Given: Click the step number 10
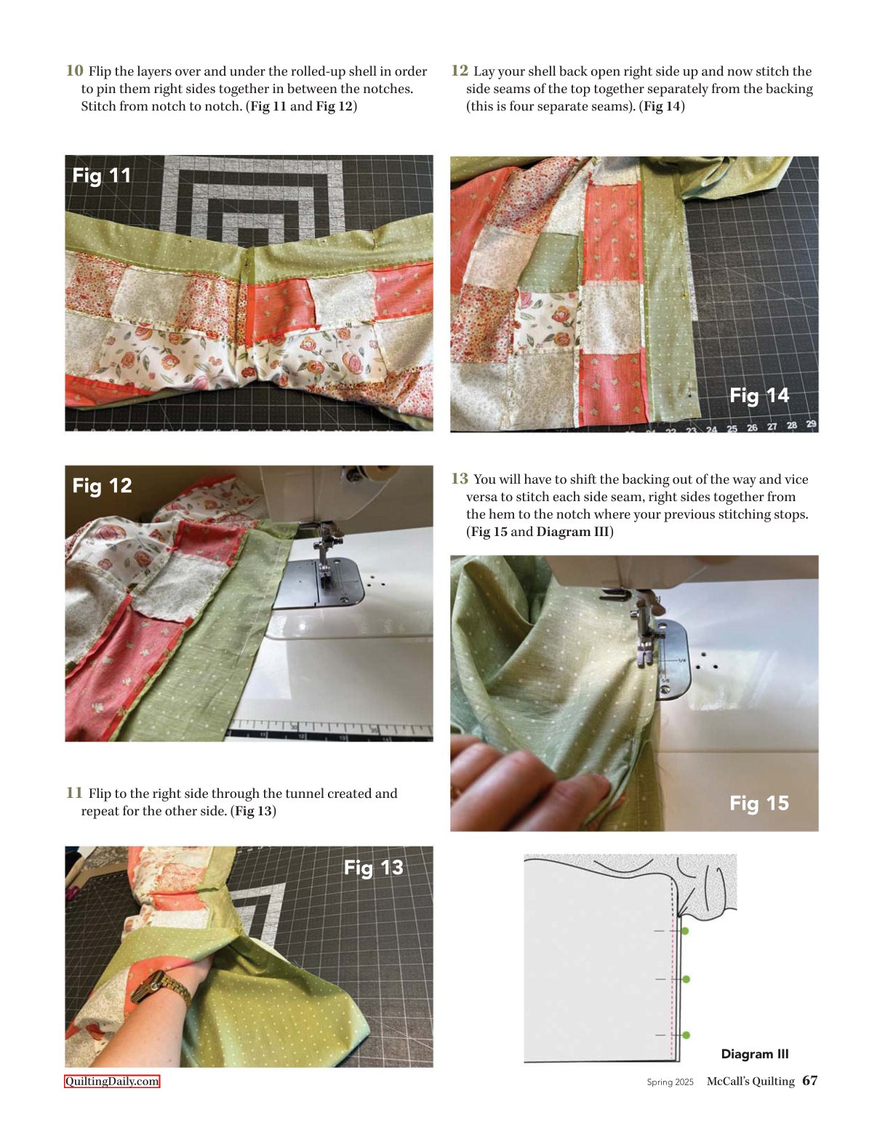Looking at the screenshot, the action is pyautogui.click(x=74, y=71).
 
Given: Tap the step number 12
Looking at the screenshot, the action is pyautogui.click(x=460, y=71).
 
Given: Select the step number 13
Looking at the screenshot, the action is pyautogui.click(x=460, y=478).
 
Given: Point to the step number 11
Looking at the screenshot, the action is pyautogui.click(x=74, y=792).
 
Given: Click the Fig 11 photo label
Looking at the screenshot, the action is pyautogui.click(x=102, y=175).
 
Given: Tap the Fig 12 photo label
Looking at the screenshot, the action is pyautogui.click(x=102, y=486).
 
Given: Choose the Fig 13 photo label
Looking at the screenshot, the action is pyautogui.click(x=374, y=868).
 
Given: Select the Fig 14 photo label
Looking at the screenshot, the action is pyautogui.click(x=759, y=395).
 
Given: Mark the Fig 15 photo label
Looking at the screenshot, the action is pyautogui.click(x=759, y=802).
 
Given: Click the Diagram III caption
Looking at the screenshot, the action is pyautogui.click(x=754, y=1054).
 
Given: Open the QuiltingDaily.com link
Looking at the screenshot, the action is pyautogui.click(x=111, y=1082).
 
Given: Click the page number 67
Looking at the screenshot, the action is pyautogui.click(x=810, y=1081).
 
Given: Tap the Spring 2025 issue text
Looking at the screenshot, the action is pyautogui.click(x=670, y=1082).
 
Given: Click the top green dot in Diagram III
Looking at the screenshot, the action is pyautogui.click(x=685, y=931).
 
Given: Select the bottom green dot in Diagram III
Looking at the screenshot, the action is pyautogui.click(x=686, y=1035).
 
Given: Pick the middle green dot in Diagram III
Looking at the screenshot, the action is pyautogui.click(x=686, y=979).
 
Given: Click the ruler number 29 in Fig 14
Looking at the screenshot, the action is pyautogui.click(x=811, y=423).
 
